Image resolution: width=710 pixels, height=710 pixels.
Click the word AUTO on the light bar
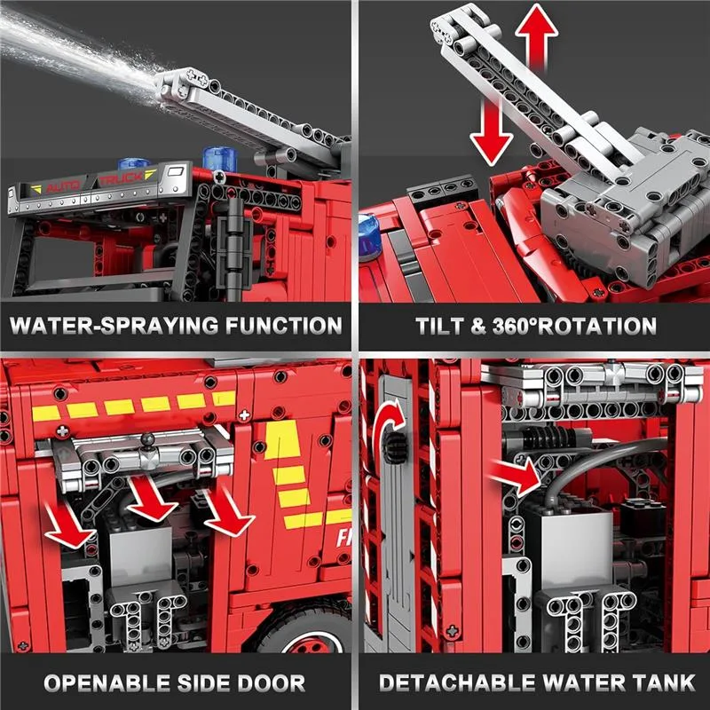tap(63, 185)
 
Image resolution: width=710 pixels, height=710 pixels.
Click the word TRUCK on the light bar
tap(122, 178)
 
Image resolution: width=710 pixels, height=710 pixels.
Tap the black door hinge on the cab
tap(233, 248)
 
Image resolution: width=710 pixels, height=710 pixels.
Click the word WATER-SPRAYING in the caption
tap(114, 326)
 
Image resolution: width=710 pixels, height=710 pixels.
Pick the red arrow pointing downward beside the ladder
tap(491, 131)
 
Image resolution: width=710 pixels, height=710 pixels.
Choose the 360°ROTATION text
tap(574, 326)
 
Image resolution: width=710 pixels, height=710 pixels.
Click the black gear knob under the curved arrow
tap(392, 447)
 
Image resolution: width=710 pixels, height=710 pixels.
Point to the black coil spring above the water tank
tap(548, 438)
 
